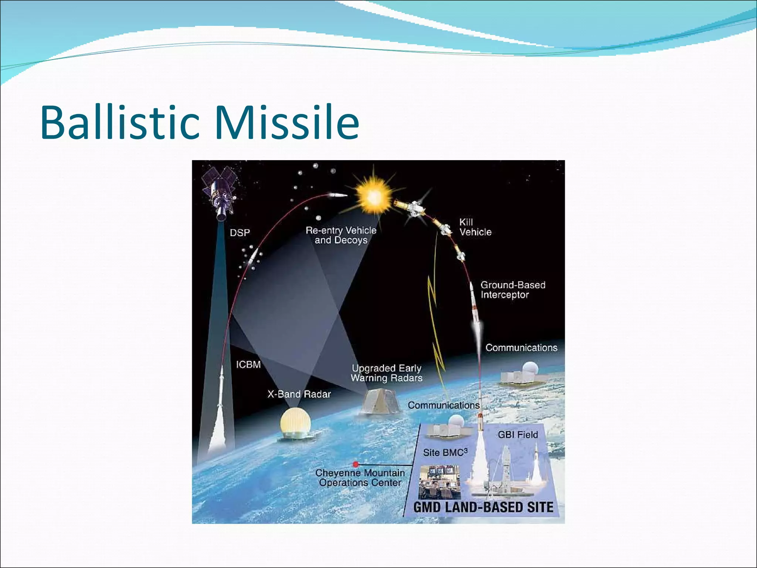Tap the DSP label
(240, 233)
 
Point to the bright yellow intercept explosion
(373, 196)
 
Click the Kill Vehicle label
(475, 227)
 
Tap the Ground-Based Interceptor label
(512, 290)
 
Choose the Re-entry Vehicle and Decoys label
(341, 235)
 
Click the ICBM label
(248, 365)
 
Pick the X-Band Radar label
(299, 394)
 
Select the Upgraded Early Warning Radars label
(386, 373)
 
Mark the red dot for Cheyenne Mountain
(356, 464)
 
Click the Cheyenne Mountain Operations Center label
(360, 478)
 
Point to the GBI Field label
(517, 435)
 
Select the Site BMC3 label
(445, 452)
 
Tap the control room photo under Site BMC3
(440, 482)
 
